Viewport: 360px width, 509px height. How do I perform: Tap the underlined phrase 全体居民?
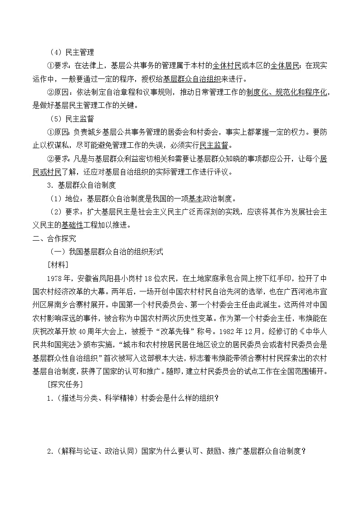[285, 67]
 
